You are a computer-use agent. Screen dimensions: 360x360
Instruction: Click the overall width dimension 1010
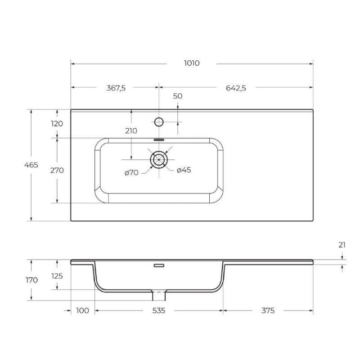(192, 63)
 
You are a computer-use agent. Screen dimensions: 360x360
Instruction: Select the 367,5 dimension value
(116, 88)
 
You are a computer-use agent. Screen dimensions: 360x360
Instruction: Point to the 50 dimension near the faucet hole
(177, 96)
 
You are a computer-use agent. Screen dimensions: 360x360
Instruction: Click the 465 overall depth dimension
(31, 165)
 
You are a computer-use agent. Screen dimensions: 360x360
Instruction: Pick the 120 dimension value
(57, 124)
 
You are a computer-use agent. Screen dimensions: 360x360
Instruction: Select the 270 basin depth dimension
(57, 171)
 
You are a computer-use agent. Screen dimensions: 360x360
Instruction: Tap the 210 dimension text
(131, 131)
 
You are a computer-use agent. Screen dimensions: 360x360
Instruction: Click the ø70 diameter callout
(131, 172)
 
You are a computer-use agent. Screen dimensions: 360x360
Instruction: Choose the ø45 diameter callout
(184, 170)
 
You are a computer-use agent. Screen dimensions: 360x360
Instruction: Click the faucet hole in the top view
(159, 121)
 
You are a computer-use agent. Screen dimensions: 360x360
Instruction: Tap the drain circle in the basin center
(159, 159)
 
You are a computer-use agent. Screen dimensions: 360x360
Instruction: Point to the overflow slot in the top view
(159, 139)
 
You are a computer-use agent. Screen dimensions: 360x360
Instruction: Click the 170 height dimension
(31, 280)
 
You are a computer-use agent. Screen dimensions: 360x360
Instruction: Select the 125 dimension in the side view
(57, 275)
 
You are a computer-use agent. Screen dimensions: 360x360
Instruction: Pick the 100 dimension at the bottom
(82, 310)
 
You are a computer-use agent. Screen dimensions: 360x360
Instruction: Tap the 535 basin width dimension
(158, 310)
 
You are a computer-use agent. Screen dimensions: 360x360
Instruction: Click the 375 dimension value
(266, 310)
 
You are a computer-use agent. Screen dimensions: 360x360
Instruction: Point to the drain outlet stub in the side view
(159, 296)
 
